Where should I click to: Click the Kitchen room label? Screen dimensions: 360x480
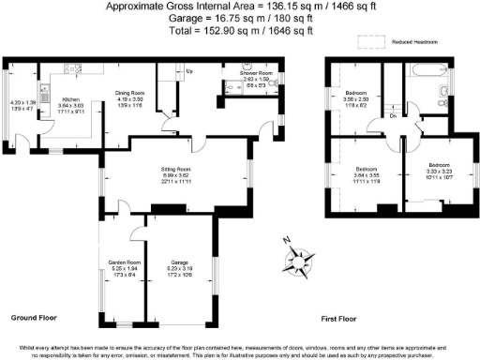coord(71,98)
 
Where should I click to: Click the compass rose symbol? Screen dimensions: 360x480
coord(302,258)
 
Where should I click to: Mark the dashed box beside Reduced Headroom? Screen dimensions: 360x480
coord(373,42)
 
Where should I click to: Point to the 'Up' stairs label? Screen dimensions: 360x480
coord(189,71)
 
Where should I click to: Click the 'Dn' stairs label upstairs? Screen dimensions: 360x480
coord(392,116)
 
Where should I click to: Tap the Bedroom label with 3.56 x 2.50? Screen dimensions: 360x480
coord(356,94)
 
